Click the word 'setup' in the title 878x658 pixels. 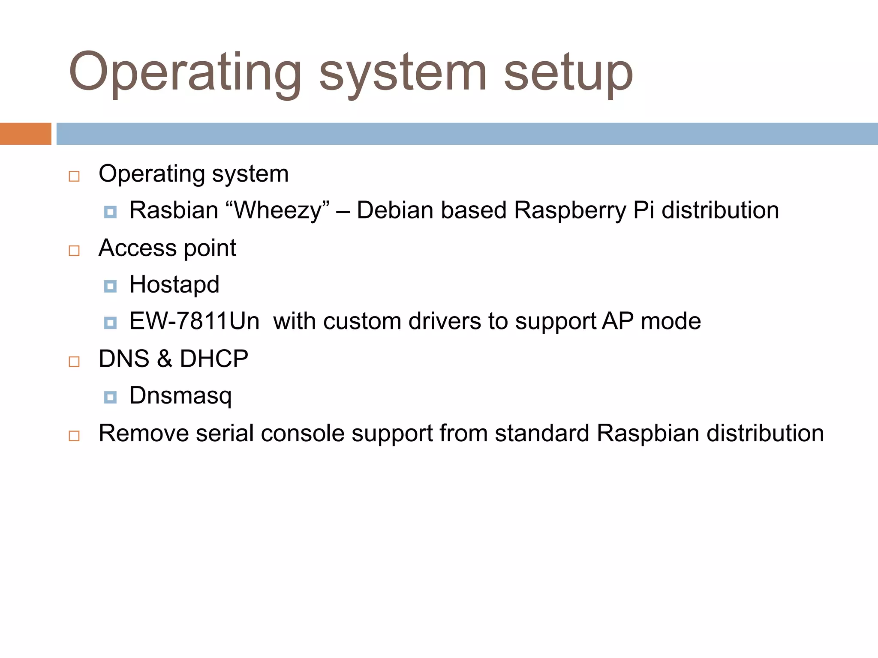tap(568, 73)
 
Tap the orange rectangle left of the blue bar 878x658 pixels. tap(25, 134)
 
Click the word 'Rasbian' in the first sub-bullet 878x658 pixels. tap(174, 210)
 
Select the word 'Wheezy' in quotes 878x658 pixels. tap(278, 210)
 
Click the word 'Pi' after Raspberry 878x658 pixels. tap(643, 210)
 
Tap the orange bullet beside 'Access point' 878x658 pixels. tap(74, 250)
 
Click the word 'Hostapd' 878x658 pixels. tap(174, 284)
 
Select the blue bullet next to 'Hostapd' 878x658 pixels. tap(110, 286)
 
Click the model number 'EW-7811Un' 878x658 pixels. tap(194, 321)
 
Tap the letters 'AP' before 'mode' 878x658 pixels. tap(617, 321)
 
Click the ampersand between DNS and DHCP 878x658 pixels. tap(164, 359)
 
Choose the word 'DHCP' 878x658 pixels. tap(214, 359)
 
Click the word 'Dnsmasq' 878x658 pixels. tap(180, 395)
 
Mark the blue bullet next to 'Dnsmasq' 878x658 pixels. tap(110, 397)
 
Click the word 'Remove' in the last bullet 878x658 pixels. tap(144, 433)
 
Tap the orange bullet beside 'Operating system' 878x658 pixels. tap(74, 176)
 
